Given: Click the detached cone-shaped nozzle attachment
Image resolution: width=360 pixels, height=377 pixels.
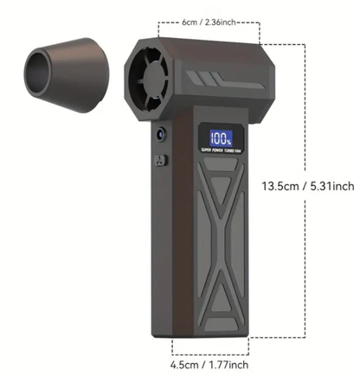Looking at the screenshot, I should [62, 71].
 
